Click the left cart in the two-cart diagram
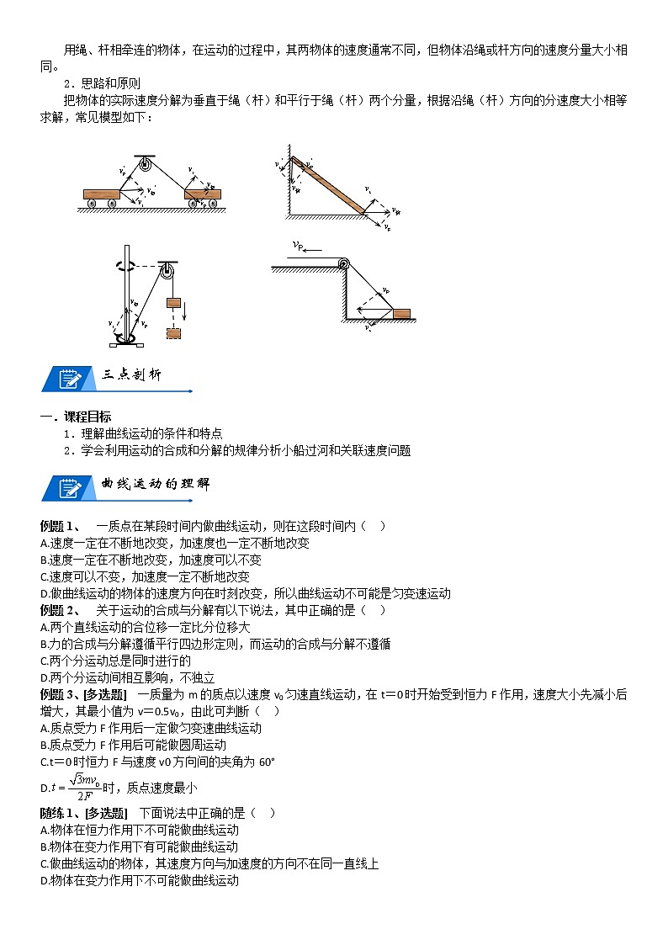point(103,195)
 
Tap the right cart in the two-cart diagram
point(202,195)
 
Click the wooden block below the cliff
point(401,314)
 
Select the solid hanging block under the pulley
point(174,302)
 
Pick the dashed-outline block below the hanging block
point(174,332)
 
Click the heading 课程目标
point(87,417)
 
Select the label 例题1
point(60,526)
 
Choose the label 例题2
point(60,610)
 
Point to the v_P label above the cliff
point(300,247)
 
